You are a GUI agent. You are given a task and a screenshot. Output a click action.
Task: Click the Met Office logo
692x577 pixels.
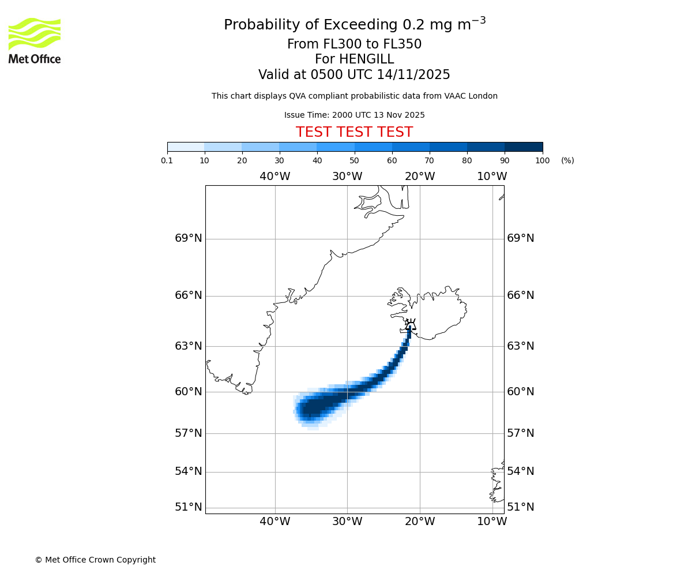click(35, 40)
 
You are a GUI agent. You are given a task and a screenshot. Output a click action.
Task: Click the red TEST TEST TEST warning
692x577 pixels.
click(354, 132)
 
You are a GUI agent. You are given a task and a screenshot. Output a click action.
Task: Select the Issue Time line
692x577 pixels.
click(354, 115)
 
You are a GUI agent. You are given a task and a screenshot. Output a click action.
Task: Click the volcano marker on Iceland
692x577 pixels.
click(410, 324)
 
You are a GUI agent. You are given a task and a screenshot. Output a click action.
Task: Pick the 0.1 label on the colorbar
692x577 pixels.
click(167, 161)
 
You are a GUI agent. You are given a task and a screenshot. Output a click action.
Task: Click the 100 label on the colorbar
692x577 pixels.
click(542, 161)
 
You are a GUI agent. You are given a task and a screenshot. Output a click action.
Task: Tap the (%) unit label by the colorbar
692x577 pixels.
click(567, 161)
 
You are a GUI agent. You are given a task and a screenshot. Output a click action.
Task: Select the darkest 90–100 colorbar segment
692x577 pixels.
click(524, 147)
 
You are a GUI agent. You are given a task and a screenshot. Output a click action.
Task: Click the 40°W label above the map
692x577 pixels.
click(274, 177)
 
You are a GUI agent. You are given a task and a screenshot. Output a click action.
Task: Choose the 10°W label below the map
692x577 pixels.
click(492, 522)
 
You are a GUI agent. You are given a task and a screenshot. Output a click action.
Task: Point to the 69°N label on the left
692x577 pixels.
click(189, 238)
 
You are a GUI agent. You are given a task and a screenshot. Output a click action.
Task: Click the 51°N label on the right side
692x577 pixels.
click(520, 507)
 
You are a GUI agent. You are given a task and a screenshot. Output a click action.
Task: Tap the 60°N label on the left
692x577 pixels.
click(189, 392)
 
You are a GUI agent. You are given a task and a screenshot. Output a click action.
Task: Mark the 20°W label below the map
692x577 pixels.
click(419, 522)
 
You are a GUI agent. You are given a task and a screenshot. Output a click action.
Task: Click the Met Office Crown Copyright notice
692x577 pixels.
click(95, 560)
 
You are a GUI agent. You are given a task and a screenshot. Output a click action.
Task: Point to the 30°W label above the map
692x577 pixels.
click(347, 177)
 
